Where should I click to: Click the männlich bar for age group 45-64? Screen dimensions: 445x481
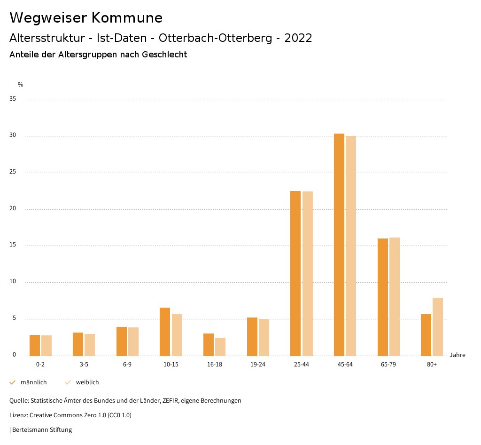[339, 245]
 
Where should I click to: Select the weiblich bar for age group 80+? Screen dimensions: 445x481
[437, 326]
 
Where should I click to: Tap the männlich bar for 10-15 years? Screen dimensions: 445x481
[165, 332]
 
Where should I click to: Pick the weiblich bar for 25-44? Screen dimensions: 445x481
[307, 273]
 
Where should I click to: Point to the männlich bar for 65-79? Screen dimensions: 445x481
[382, 297]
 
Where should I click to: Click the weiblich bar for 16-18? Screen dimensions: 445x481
[220, 347]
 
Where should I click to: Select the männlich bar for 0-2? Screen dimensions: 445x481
[35, 345]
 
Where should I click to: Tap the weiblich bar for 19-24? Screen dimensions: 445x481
[264, 337]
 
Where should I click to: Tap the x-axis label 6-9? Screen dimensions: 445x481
[127, 365]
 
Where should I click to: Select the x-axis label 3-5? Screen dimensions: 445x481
[84, 365]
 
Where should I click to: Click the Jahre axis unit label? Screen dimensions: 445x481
[457, 355]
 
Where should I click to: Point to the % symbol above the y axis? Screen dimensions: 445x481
[21, 85]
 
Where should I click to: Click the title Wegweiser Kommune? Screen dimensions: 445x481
[86, 18]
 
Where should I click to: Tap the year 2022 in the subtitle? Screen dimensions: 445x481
[298, 38]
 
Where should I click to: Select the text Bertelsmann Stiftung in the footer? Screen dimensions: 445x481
[42, 430]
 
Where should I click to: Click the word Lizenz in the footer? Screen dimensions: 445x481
[18, 415]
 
